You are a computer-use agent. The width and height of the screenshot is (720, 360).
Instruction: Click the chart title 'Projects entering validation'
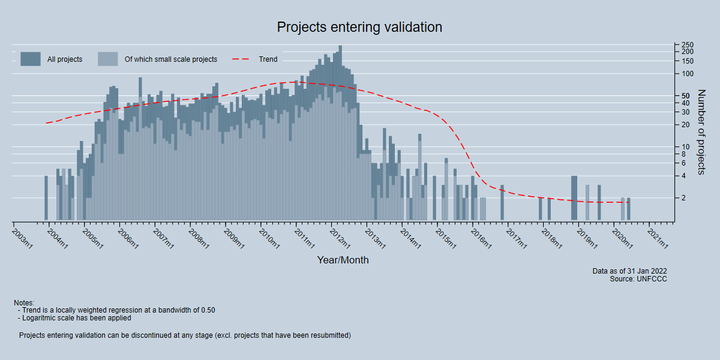click(359, 27)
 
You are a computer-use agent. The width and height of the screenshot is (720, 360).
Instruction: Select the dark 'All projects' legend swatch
click(31, 59)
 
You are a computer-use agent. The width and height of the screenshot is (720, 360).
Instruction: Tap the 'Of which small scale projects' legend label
click(170, 59)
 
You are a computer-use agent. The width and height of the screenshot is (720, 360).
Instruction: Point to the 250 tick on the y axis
click(688, 45)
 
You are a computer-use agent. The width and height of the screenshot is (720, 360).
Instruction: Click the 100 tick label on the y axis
click(688, 74)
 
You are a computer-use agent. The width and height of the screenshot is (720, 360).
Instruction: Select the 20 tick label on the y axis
click(686, 125)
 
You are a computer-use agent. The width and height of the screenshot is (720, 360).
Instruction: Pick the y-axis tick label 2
click(684, 198)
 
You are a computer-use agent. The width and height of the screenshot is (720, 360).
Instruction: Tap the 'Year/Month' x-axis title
click(343, 260)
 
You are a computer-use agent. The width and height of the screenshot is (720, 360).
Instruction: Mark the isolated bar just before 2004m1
click(46, 198)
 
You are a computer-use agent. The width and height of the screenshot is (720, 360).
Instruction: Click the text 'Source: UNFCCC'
click(638, 279)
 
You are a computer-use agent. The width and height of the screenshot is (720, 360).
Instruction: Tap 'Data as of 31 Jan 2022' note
click(629, 271)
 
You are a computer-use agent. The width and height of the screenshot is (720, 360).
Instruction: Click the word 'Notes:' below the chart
click(24, 303)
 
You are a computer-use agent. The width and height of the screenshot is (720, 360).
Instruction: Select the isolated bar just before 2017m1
click(502, 203)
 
